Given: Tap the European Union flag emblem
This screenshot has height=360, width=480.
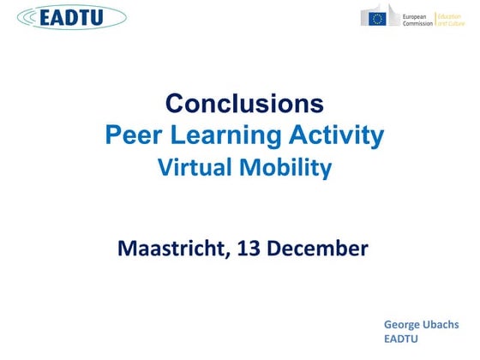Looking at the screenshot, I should click(x=378, y=18).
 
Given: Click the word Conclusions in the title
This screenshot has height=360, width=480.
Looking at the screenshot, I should click(x=244, y=104).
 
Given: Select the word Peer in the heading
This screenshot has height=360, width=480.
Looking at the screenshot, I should click(x=132, y=135).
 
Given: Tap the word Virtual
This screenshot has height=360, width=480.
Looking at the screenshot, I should click(x=194, y=168).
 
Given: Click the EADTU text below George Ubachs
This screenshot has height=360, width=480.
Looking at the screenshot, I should click(x=401, y=340).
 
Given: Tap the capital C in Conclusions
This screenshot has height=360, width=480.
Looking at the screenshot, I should click(x=175, y=104).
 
